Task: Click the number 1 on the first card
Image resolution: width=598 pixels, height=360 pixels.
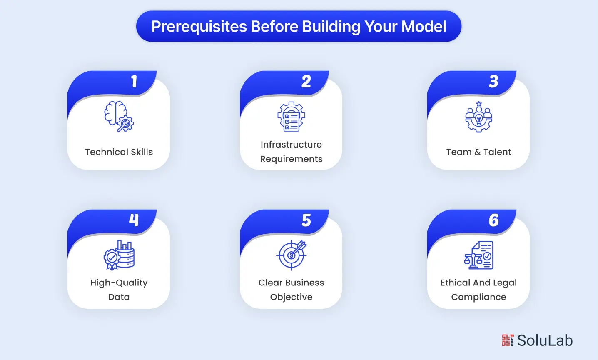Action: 134,82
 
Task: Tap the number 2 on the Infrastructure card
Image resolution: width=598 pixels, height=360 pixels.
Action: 306,82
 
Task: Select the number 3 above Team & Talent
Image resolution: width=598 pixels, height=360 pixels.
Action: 493,82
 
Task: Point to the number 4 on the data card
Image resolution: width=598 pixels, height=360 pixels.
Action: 134,220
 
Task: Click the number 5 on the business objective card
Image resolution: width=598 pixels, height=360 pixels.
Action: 306,220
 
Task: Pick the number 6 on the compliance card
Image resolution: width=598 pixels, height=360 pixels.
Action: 493,220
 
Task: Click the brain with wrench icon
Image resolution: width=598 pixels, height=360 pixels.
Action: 119,117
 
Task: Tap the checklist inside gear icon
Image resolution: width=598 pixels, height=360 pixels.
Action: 291,117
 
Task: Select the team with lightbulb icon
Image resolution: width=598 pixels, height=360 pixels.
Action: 478,117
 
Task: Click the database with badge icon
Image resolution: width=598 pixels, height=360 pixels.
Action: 119,255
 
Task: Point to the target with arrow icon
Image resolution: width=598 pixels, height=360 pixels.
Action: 291,255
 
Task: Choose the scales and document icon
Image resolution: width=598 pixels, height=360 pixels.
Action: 478,255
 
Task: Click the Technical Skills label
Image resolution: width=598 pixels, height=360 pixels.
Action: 119,152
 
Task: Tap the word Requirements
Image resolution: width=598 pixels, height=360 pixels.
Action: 291,159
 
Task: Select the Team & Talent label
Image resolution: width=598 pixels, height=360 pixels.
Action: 478,152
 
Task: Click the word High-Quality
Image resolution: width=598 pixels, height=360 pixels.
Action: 119,283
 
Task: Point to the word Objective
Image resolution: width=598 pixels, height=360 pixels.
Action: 291,297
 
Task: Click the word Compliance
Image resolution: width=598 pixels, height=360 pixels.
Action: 478,297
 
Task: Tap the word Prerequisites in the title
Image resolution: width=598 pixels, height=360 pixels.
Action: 199,27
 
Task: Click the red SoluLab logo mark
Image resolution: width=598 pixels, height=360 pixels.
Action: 508,340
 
